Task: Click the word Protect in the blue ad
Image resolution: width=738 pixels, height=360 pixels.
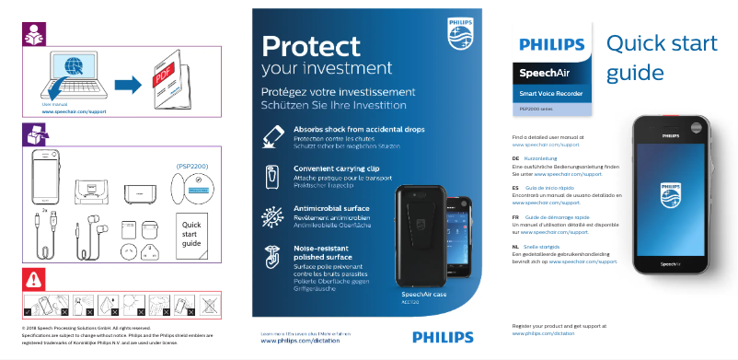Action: tap(309, 46)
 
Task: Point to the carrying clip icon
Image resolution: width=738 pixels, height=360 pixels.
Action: tap(272, 176)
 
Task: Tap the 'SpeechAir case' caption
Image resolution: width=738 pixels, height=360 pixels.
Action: tap(424, 294)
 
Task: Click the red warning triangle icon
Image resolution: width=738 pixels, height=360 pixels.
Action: tap(33, 278)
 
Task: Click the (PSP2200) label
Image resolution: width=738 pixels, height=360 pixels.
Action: tap(191, 166)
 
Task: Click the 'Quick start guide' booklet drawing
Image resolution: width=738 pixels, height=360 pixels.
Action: tap(191, 235)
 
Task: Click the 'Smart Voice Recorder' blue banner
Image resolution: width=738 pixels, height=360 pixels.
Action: tap(552, 93)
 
